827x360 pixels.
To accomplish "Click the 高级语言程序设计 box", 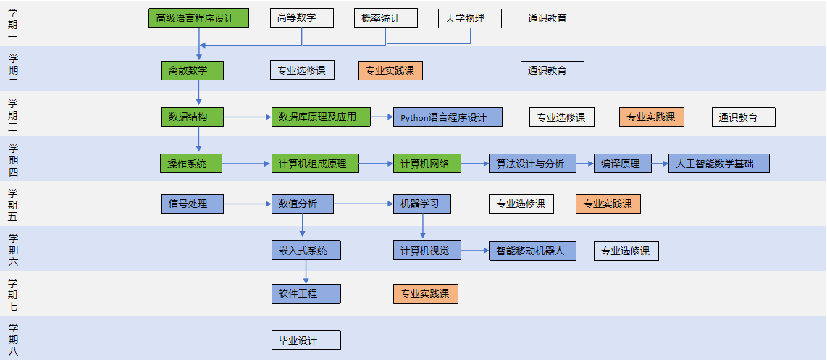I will [x=198, y=18].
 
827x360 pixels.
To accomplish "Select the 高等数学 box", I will [x=301, y=18].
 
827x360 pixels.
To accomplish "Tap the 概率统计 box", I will [x=386, y=18].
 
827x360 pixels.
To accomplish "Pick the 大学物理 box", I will [x=469, y=18].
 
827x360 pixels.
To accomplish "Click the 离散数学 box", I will [x=192, y=70].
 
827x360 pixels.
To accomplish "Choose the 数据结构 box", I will [x=192, y=117].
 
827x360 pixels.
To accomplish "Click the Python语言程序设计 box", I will [x=448, y=117].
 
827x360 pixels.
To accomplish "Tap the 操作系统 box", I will [x=190, y=164].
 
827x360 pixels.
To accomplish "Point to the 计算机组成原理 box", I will [x=315, y=164].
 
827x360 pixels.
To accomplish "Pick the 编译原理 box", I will [x=622, y=164].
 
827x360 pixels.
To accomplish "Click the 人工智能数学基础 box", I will [x=718, y=164].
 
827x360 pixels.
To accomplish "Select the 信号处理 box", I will [x=192, y=204].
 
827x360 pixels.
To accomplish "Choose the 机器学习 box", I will [x=421, y=204].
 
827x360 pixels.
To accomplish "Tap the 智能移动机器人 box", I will [x=532, y=251].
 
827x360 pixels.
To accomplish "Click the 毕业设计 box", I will [x=306, y=340].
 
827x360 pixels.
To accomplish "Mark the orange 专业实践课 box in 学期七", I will [x=425, y=293].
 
